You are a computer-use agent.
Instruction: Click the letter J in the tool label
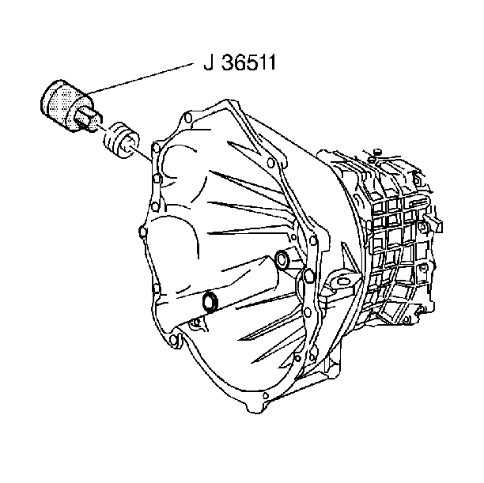pos(208,62)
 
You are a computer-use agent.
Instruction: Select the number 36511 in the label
pos(248,62)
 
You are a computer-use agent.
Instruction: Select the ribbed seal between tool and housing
pos(121,141)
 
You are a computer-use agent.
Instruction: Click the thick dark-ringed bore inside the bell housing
pos(210,301)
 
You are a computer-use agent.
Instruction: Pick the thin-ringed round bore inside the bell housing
pos(282,259)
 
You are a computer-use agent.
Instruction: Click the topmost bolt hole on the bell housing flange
pos(187,118)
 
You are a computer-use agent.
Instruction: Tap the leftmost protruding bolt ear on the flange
pos(142,232)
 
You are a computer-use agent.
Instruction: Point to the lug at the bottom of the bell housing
pos(256,407)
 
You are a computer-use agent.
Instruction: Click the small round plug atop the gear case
pos(376,152)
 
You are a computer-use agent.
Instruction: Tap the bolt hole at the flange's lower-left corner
pos(173,339)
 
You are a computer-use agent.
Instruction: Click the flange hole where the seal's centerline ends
pos(156,149)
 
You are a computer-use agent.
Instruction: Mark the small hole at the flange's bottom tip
pos(266,395)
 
